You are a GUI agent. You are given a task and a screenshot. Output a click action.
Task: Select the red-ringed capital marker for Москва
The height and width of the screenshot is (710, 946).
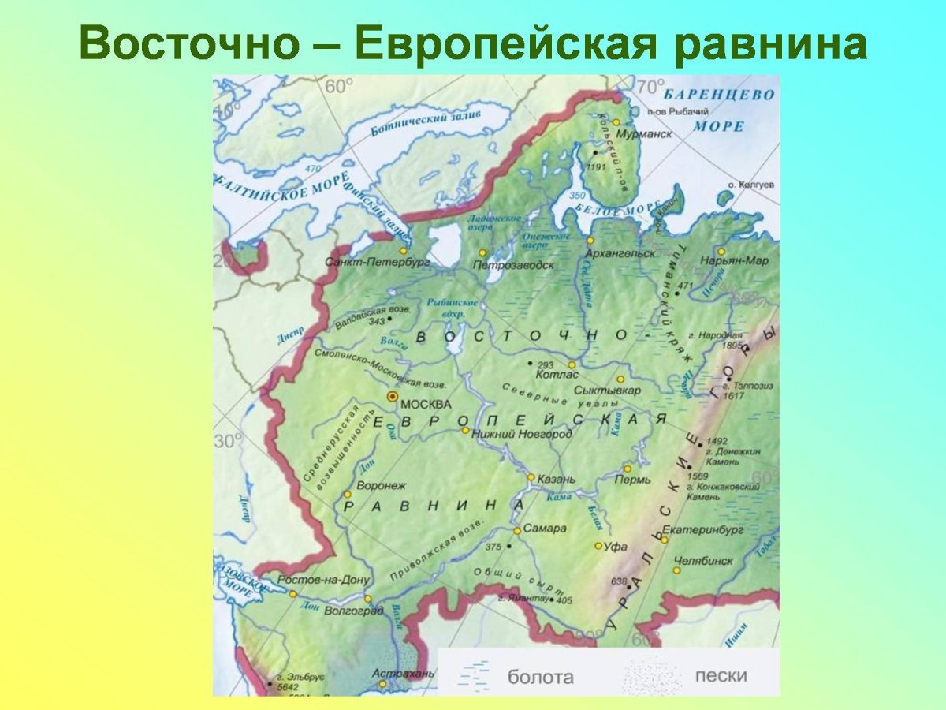(391, 397)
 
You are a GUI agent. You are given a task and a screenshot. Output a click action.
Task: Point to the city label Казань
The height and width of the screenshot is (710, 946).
(557, 479)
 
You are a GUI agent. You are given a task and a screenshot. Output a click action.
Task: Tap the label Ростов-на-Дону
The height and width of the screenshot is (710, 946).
(324, 580)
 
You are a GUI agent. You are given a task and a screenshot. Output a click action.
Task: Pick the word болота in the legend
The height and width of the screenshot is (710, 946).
(540, 676)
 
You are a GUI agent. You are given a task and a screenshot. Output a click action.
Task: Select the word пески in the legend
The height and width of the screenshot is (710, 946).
(721, 675)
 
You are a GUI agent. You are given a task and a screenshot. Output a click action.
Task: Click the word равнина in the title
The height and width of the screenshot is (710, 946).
(770, 46)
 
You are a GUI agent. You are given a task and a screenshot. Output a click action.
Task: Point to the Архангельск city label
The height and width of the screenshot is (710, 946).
(621, 253)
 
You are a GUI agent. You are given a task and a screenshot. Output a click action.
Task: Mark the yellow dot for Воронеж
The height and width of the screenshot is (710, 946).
(347, 495)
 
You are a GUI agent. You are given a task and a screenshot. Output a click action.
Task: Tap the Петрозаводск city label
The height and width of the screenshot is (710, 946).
(512, 265)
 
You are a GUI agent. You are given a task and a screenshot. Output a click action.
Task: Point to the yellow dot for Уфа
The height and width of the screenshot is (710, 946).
(598, 546)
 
